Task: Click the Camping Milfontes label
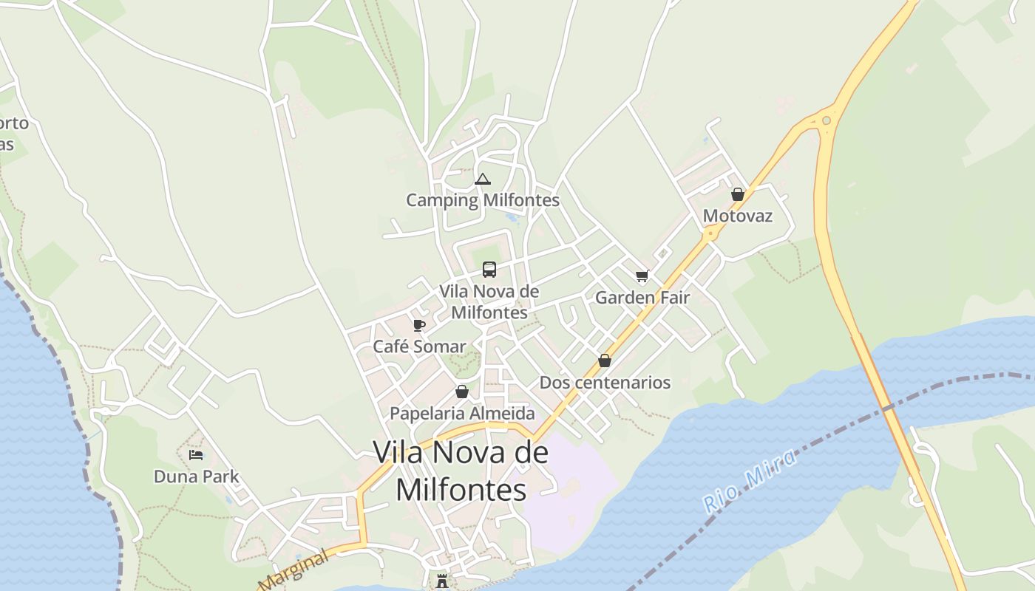pos(483,200)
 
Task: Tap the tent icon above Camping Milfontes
pos(483,179)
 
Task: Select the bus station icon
pos(489,270)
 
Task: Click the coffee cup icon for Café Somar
pos(419,325)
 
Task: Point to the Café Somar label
pos(419,346)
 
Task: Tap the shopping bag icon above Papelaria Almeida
pos(462,392)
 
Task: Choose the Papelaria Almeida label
pos(462,413)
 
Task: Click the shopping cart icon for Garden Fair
pos(642,276)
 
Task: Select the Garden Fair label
pos(642,298)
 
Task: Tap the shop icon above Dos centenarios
pos(605,361)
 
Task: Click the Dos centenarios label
pos(605,383)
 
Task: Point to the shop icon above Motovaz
pos(737,194)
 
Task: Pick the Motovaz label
pos(737,216)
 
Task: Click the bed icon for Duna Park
pos(196,455)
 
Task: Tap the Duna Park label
pos(196,476)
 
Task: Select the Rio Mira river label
pos(750,481)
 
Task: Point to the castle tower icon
pos(442,581)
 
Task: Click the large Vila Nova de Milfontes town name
pos(461,471)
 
